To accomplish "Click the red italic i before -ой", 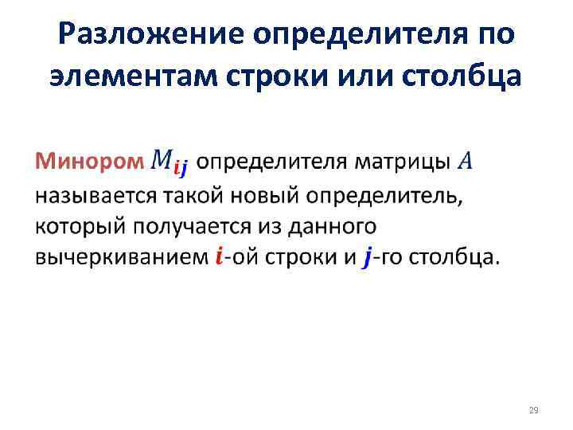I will pos(219,258).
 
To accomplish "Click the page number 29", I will pos(533,410).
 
